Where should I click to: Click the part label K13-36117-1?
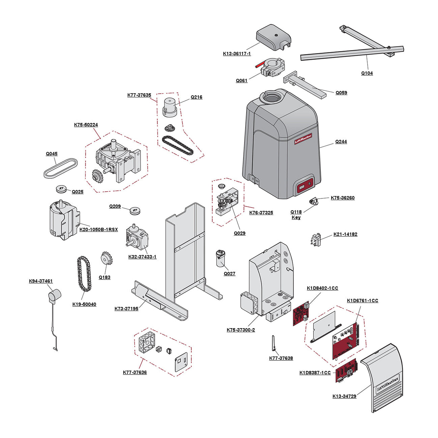[237, 54]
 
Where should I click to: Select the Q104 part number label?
[367, 73]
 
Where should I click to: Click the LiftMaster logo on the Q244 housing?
[303, 139]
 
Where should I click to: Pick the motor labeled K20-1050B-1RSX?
[64, 220]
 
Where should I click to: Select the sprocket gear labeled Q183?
[106, 259]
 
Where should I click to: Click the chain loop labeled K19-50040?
[84, 274]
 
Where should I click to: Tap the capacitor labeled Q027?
[221, 259]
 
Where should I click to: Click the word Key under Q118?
[296, 218]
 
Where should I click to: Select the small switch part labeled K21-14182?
[316, 240]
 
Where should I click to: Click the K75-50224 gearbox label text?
[86, 125]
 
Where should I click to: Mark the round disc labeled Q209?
[135, 211]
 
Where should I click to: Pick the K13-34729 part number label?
[344, 396]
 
